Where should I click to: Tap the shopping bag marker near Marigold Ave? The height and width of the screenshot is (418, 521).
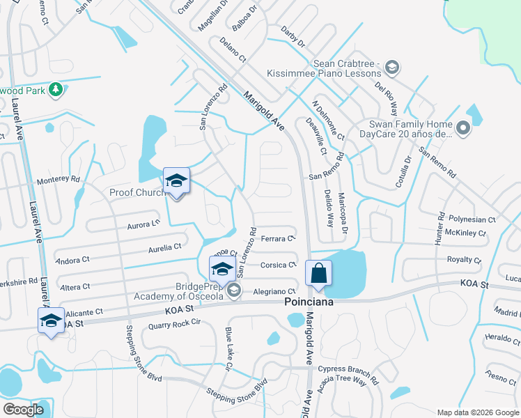pyautogui.click(x=318, y=274)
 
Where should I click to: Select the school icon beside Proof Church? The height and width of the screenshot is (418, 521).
pyautogui.click(x=176, y=182)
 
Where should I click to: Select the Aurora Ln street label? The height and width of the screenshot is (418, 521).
pyautogui.click(x=143, y=224)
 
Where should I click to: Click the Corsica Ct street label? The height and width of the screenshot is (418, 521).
pyautogui.click(x=278, y=265)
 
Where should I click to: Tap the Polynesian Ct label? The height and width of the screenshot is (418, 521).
pyautogui.click(x=472, y=219)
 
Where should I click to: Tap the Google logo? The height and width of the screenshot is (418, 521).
pyautogui.click(x=24, y=409)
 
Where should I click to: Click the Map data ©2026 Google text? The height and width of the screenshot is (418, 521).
pyautogui.click(x=476, y=412)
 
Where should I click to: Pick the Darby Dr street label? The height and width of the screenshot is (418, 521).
pyautogui.click(x=293, y=36)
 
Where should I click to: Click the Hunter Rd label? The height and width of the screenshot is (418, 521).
pyautogui.click(x=440, y=227)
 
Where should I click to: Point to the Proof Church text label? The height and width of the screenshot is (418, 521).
pyautogui.click(x=135, y=192)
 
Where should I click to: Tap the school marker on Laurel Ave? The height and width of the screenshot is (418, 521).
pyautogui.click(x=51, y=321)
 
